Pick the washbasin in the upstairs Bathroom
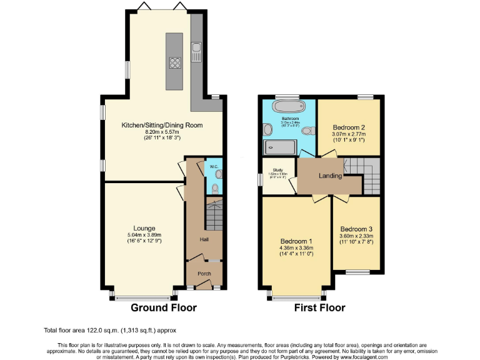(268, 129)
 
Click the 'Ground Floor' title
(163, 307)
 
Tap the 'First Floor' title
(320, 307)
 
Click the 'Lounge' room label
(144, 228)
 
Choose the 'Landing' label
(330, 176)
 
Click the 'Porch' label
(204, 272)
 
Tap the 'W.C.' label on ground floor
(213, 167)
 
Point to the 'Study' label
(277, 169)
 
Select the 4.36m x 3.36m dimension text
(296, 248)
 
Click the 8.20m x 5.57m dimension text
(162, 132)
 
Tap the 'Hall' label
(204, 239)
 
